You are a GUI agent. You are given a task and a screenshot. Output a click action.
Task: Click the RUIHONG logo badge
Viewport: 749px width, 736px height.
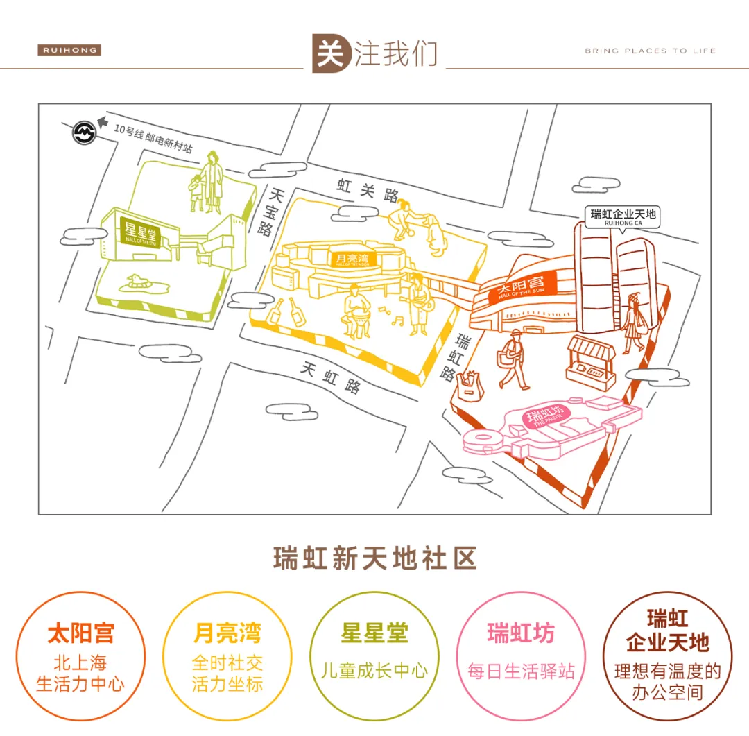pyautogui.click(x=69, y=51)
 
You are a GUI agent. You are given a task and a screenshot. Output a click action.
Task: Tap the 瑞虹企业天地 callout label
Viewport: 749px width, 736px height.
pyautogui.click(x=622, y=216)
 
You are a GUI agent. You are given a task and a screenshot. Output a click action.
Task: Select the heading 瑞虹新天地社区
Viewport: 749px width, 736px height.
pyautogui.click(x=374, y=558)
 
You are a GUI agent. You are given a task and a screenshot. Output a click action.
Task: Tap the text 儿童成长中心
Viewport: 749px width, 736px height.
pyautogui.click(x=374, y=671)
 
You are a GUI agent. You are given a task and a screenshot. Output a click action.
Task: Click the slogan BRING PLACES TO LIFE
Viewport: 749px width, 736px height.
pyautogui.click(x=650, y=51)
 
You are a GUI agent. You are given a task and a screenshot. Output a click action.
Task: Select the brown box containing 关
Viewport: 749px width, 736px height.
pyautogui.click(x=332, y=53)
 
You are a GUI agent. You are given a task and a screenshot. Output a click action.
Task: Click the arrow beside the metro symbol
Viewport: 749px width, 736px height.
pyautogui.click(x=103, y=123)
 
